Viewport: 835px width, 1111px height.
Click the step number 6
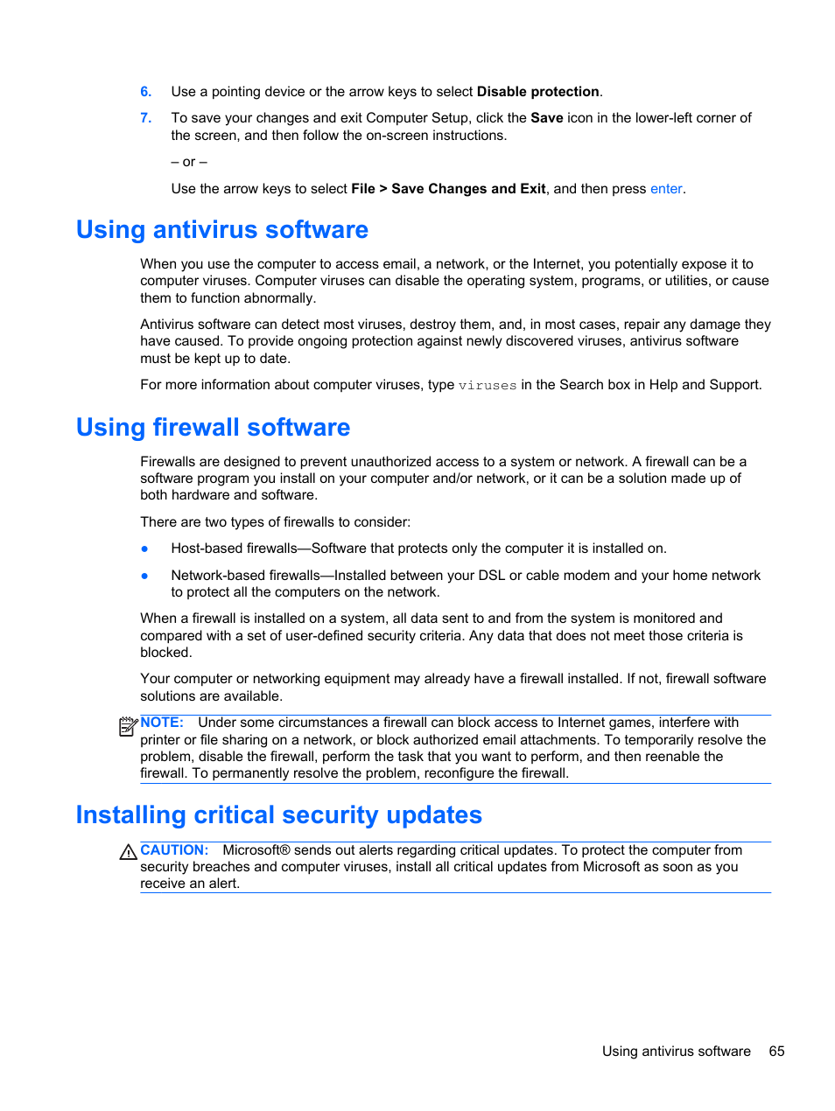[x=145, y=92]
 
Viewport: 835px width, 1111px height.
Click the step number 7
[x=145, y=118]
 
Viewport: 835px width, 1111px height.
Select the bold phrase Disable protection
[x=537, y=92]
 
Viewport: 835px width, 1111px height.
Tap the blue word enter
[x=665, y=189]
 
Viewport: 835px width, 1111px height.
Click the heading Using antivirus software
[x=222, y=230]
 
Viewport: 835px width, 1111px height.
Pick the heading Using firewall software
[x=213, y=428]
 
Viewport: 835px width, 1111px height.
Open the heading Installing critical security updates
[x=278, y=815]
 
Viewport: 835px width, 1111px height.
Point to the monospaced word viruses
[x=488, y=386]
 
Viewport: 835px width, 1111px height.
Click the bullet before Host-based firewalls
[x=144, y=549]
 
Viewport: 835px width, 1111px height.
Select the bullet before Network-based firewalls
[x=144, y=576]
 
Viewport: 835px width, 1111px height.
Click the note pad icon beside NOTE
[x=128, y=726]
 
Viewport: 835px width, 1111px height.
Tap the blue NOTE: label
[x=162, y=723]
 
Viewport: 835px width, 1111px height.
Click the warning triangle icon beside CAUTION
[x=128, y=852]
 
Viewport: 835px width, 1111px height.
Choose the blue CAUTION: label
[x=174, y=850]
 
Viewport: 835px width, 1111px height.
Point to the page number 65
[x=776, y=1052]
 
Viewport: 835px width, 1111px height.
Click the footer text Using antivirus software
[x=676, y=1052]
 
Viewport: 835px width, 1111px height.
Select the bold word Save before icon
[x=546, y=118]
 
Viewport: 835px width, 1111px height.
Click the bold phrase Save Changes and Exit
[x=468, y=189]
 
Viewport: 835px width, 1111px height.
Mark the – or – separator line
[x=189, y=163]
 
